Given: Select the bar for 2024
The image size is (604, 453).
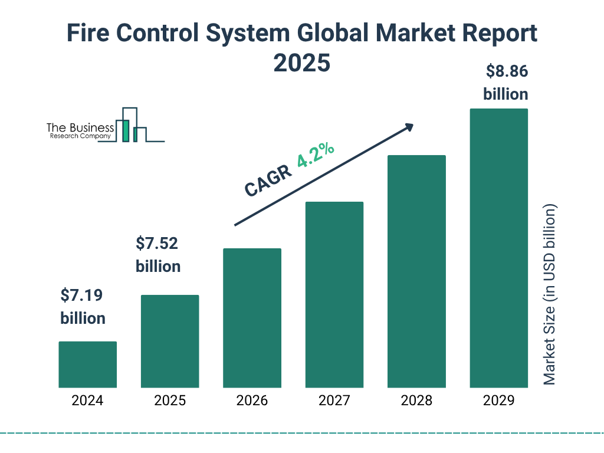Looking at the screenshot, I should pyautogui.click(x=87, y=365).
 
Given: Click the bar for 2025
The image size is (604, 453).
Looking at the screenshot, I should pyautogui.click(x=170, y=341).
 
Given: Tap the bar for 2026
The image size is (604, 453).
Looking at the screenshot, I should pyautogui.click(x=252, y=318).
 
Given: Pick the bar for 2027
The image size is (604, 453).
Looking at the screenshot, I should pyautogui.click(x=334, y=294).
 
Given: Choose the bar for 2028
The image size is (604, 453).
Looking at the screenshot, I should pyautogui.click(x=416, y=271).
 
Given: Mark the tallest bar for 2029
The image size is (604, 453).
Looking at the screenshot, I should pyautogui.click(x=498, y=248).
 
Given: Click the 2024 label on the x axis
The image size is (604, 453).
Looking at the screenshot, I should pyautogui.click(x=87, y=401).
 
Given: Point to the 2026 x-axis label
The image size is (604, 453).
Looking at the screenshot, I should pyautogui.click(x=252, y=401).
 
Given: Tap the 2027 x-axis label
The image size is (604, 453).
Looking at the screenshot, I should pyautogui.click(x=334, y=401).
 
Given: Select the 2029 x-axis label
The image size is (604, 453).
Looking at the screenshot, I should pyautogui.click(x=498, y=401).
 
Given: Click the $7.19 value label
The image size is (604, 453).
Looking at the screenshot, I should pyautogui.click(x=83, y=295).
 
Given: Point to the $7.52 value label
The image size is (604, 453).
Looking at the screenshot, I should pyautogui.click(x=157, y=243).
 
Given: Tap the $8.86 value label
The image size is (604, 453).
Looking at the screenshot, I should pyautogui.click(x=506, y=71).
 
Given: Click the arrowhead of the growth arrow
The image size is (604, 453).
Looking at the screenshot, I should pyautogui.click(x=408, y=127).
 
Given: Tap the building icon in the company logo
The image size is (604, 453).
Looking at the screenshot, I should pyautogui.click(x=133, y=126).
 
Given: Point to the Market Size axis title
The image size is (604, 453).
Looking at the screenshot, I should pyautogui.click(x=550, y=295).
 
